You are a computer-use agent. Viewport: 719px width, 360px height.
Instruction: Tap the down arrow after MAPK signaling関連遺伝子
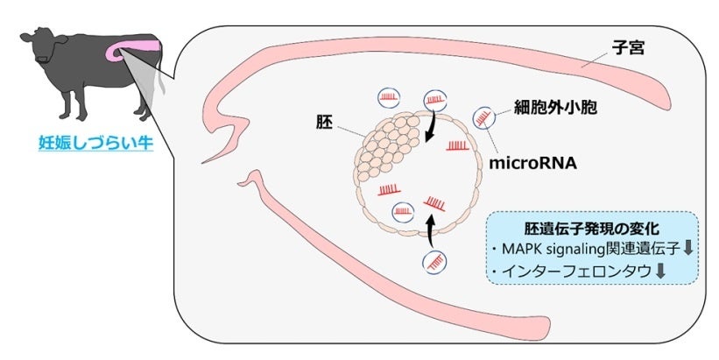pyautogui.click(x=688, y=248)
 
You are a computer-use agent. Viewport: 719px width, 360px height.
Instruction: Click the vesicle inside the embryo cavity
pyautogui.click(x=405, y=210)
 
